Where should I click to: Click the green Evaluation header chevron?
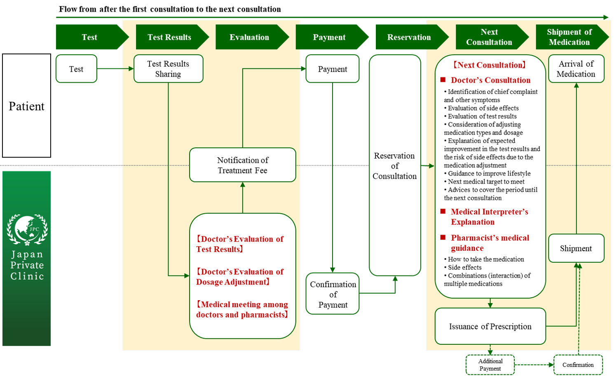coord(250,37)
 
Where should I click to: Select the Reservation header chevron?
coord(410,37)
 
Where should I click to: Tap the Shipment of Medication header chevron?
coord(569,37)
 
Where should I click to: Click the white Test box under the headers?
coord(76,69)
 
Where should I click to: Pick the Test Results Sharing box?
coord(168,69)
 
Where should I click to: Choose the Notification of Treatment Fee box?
coord(242,165)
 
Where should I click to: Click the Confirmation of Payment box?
coord(333,294)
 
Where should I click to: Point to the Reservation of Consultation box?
coord(394,166)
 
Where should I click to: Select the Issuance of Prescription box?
coord(490,326)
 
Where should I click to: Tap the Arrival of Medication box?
coord(576,69)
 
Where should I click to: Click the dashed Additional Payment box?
coord(490,365)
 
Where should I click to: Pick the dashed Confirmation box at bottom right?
coord(578,365)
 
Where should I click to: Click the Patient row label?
coord(26,106)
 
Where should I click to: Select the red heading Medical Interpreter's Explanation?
coord(489,217)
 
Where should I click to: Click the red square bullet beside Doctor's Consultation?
coord(443,80)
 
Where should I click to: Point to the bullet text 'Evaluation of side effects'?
coord(483,108)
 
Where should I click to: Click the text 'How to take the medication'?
coord(486,259)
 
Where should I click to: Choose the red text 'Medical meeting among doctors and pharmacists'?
coord(242,309)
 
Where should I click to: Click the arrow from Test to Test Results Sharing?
coord(115,69)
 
